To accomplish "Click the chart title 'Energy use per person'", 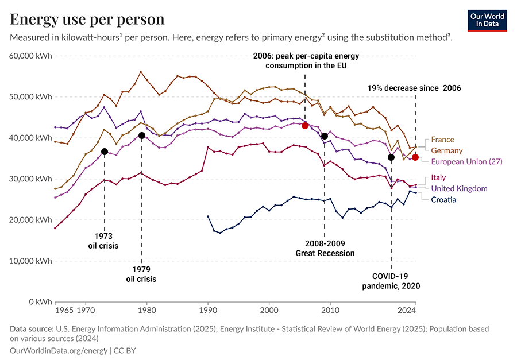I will tap(87, 19).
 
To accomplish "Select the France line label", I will tap(442, 140).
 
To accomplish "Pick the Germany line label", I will tap(447, 150).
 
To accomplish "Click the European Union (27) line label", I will tap(466, 162).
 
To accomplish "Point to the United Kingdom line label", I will tap(459, 188).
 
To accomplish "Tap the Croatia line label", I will tap(443, 199).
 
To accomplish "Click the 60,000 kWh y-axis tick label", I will tap(32, 56).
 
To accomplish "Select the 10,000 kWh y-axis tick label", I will tap(32, 261).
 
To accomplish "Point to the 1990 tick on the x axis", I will tap(208, 311).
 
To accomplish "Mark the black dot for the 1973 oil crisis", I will tap(105, 152).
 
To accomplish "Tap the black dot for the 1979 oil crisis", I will tap(141, 136).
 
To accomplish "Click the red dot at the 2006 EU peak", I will tap(305, 125).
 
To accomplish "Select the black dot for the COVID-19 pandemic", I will tap(391, 157).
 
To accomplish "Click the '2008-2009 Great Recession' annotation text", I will tap(325, 248).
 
